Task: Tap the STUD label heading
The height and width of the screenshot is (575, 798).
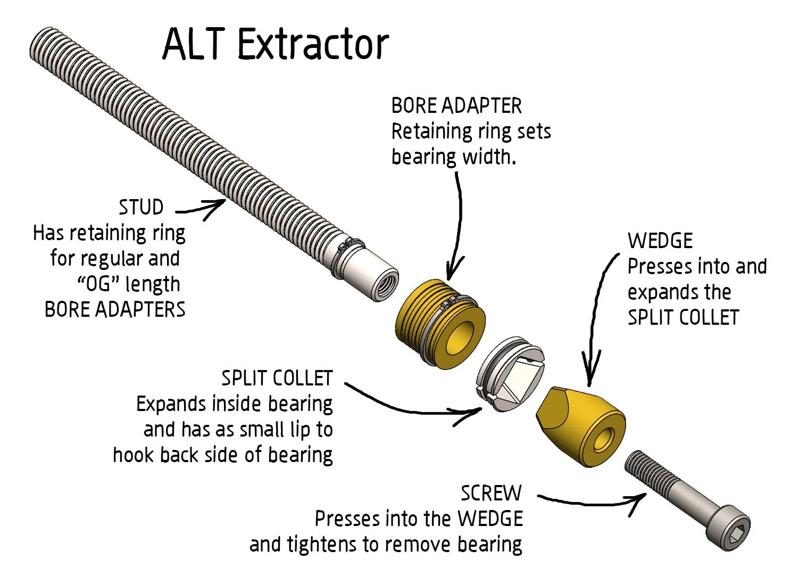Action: click(141, 207)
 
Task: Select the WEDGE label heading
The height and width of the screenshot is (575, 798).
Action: click(660, 241)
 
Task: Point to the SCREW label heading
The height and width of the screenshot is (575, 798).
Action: click(491, 493)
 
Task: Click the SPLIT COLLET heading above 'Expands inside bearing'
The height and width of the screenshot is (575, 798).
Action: click(277, 378)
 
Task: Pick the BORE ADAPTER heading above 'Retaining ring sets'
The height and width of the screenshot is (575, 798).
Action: click(456, 105)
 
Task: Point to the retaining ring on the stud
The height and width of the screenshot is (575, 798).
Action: click(349, 247)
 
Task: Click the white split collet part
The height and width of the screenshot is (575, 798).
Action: click(509, 375)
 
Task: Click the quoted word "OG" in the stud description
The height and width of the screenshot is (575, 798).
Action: click(99, 284)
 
